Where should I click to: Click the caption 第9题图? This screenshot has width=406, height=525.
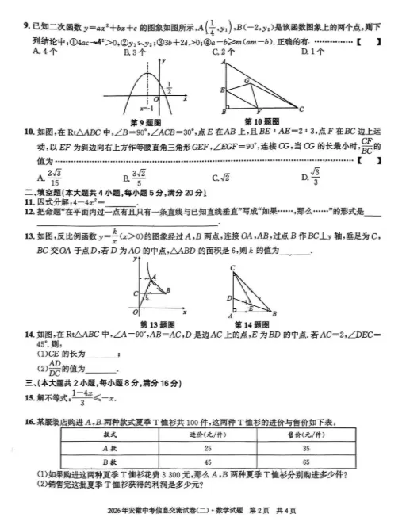tap(144, 121)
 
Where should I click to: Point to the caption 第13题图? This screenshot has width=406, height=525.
tap(155, 324)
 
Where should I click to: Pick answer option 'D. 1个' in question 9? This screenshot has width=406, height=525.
tap(316, 51)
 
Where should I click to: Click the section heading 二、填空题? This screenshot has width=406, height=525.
tap(38, 192)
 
